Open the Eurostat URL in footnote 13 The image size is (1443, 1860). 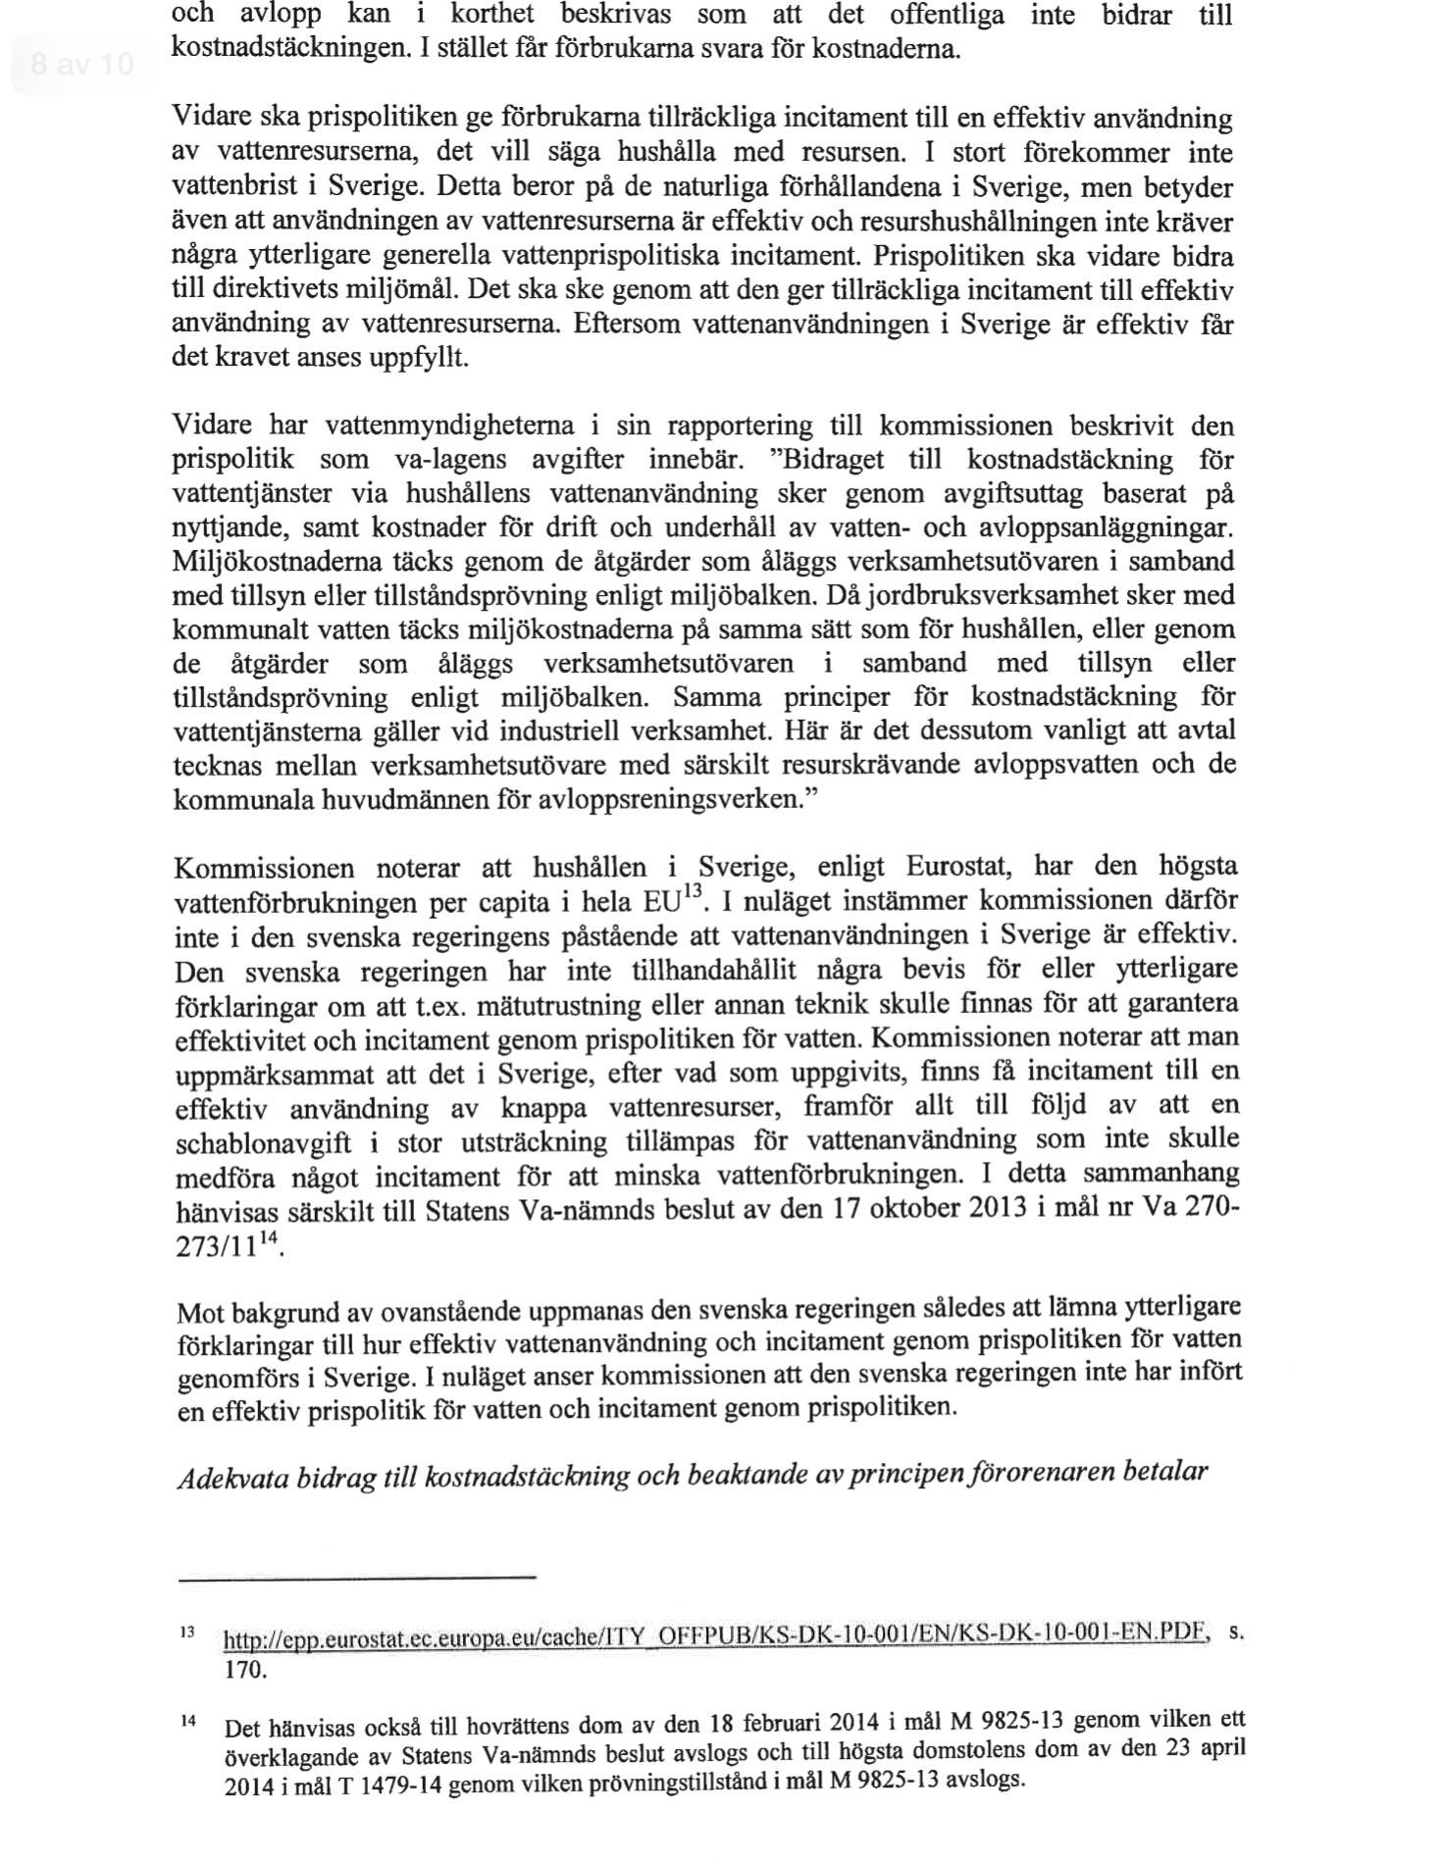click(x=713, y=1635)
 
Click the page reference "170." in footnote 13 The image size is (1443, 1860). click(x=245, y=1669)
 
